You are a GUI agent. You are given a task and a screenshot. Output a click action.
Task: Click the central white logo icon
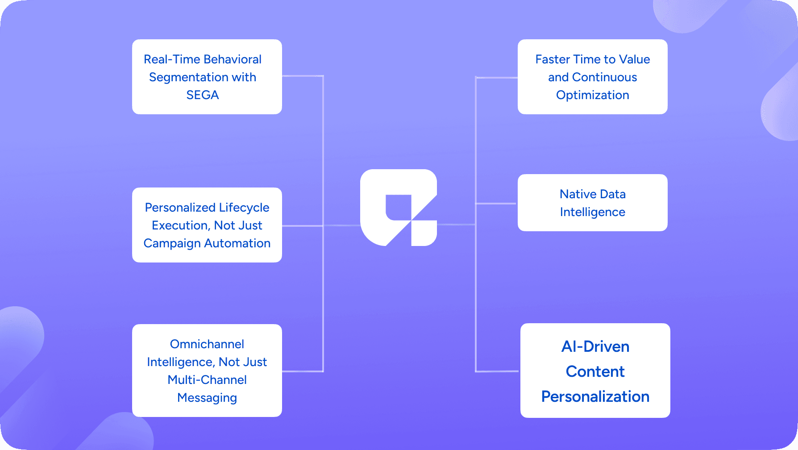(398, 207)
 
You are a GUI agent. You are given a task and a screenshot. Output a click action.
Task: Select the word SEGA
(203, 95)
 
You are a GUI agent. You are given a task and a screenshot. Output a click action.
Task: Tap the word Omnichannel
(207, 344)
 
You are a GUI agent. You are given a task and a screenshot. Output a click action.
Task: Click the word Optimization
(592, 95)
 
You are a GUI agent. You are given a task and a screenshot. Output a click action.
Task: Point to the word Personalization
(595, 396)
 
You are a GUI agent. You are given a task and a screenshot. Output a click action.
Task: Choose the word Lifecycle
(244, 208)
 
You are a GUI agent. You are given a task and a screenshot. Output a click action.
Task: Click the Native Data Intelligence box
(592, 203)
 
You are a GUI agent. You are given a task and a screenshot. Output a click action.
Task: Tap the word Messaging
(207, 398)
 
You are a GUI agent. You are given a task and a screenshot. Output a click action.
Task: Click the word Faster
(553, 59)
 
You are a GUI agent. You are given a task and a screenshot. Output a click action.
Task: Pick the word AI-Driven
(595, 346)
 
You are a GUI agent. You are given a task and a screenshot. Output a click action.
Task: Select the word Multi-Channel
(207, 380)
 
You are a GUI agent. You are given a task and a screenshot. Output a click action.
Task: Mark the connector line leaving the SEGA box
(303, 76)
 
